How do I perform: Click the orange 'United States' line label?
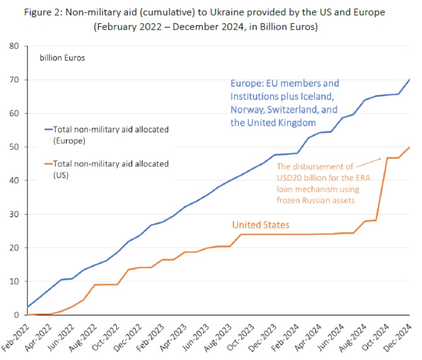coord(260,225)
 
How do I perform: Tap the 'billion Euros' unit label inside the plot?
coord(62,58)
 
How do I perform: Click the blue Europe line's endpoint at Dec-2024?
coord(410,79)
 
